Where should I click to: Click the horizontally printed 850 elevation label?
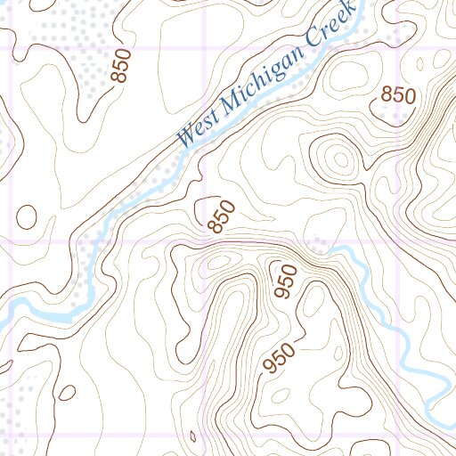[x=398, y=95]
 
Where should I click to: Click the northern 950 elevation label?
[x=285, y=281]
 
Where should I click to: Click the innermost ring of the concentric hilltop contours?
[x=338, y=160]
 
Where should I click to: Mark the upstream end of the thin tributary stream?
[x=331, y=250]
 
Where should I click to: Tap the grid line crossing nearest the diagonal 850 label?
[x=206, y=241]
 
